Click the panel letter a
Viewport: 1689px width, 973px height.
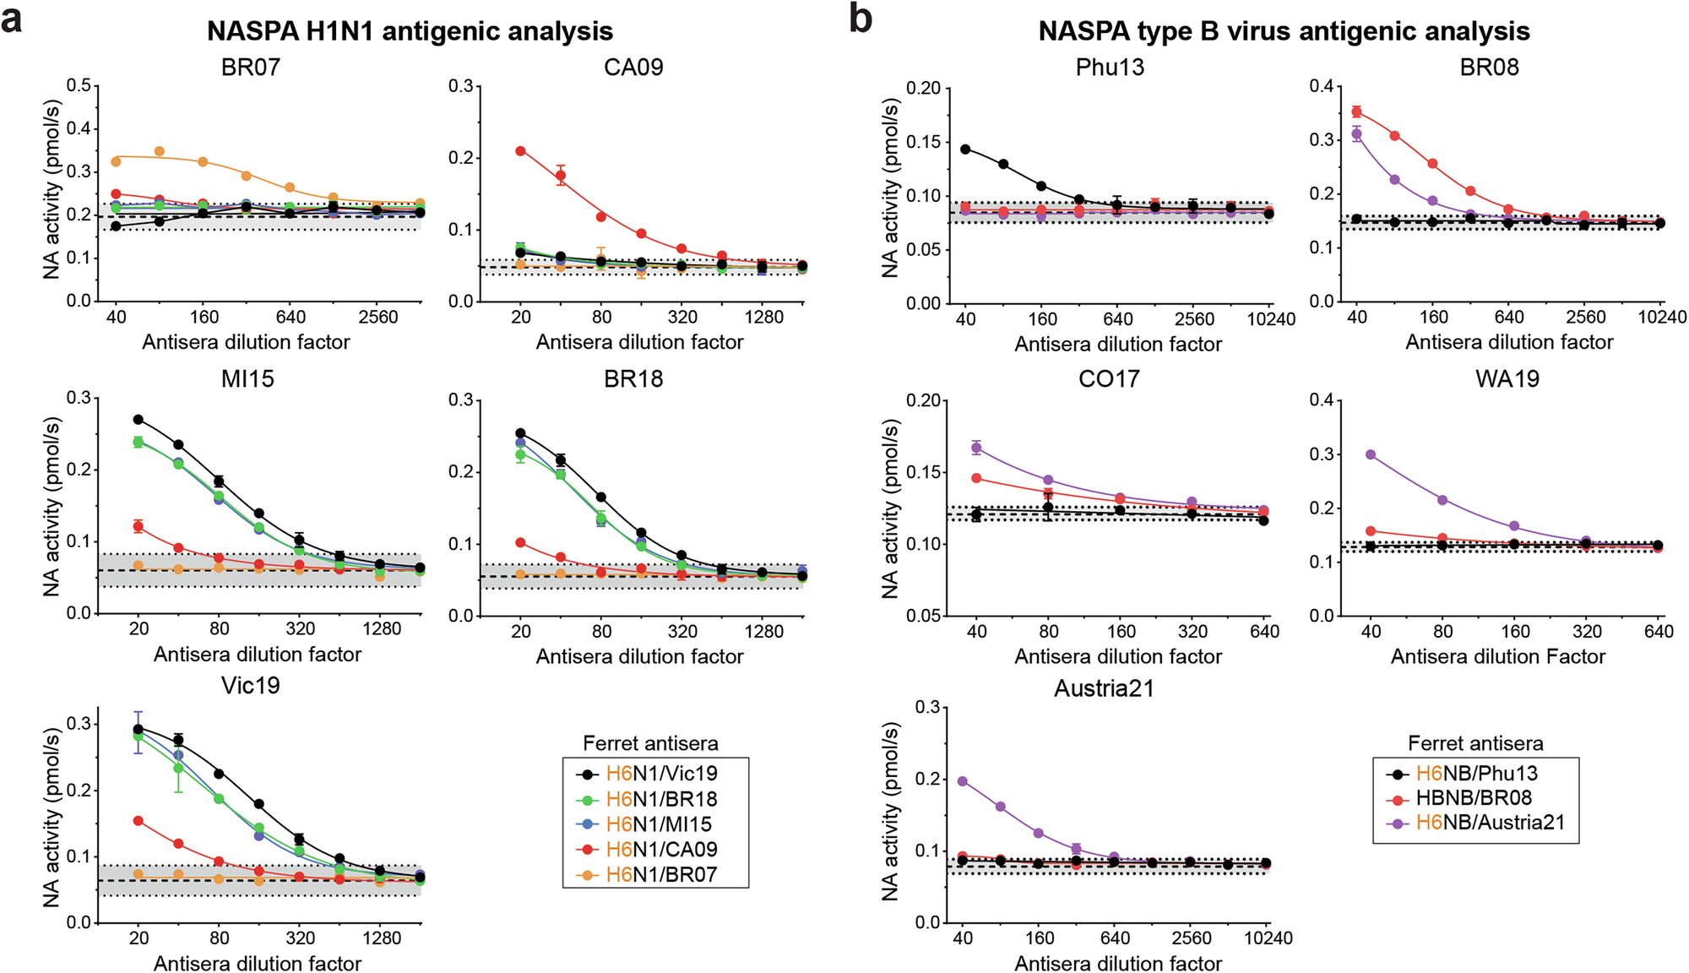coord(12,19)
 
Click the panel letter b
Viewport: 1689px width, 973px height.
coord(861,19)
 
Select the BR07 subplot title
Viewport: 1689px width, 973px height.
coord(250,67)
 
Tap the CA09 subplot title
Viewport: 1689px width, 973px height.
coord(633,67)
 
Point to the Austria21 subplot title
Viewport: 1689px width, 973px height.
coord(1104,688)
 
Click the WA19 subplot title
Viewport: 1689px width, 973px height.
coord(1507,378)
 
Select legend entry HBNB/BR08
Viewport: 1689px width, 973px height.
coord(1474,798)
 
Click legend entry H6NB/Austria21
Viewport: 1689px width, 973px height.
coord(1490,823)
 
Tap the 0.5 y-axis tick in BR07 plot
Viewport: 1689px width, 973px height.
coord(79,85)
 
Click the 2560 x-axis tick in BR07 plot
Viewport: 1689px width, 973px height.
coord(377,318)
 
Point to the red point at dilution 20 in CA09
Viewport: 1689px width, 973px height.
coord(521,151)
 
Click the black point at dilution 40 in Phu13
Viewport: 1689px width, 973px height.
coord(965,149)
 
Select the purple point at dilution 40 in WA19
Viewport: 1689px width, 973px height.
coord(1371,454)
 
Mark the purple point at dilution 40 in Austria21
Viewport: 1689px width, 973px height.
coord(962,781)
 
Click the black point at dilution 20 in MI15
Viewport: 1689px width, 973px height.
coord(138,419)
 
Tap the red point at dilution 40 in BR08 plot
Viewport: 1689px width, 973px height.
coord(1356,111)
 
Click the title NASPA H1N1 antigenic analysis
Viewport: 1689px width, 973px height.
coord(410,31)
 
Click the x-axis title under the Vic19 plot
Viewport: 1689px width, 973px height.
coord(258,964)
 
